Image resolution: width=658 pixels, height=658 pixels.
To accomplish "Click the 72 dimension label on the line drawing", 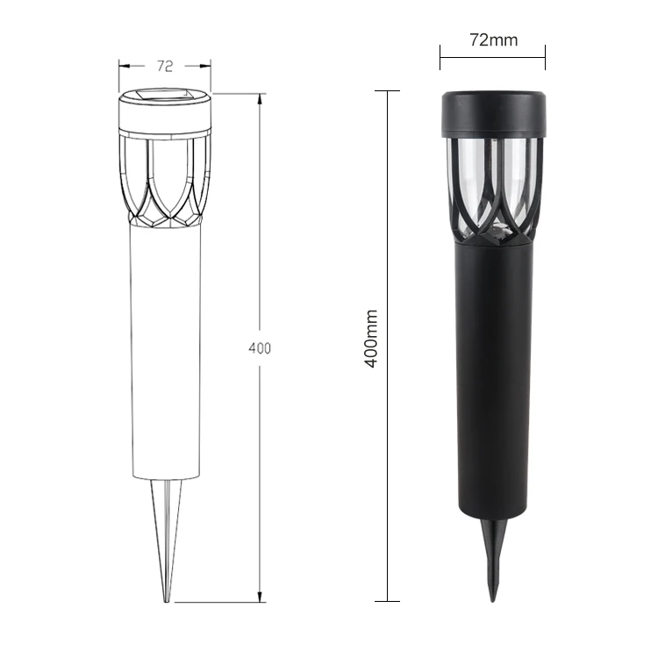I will [x=165, y=66].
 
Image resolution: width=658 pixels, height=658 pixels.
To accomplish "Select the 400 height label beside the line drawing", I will [x=260, y=348].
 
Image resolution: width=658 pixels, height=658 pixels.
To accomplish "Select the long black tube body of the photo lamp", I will [x=492, y=377].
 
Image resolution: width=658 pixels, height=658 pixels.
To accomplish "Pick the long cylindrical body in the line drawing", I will [x=165, y=351].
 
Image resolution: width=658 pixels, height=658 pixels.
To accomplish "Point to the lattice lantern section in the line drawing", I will [x=165, y=180].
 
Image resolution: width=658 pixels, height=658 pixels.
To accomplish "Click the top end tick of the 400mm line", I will [x=388, y=90].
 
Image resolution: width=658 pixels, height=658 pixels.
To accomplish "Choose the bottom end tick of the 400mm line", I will [x=388, y=601].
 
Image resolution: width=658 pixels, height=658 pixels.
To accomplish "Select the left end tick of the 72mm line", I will [x=440, y=58].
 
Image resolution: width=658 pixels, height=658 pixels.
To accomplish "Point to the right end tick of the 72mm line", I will [x=545, y=58].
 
